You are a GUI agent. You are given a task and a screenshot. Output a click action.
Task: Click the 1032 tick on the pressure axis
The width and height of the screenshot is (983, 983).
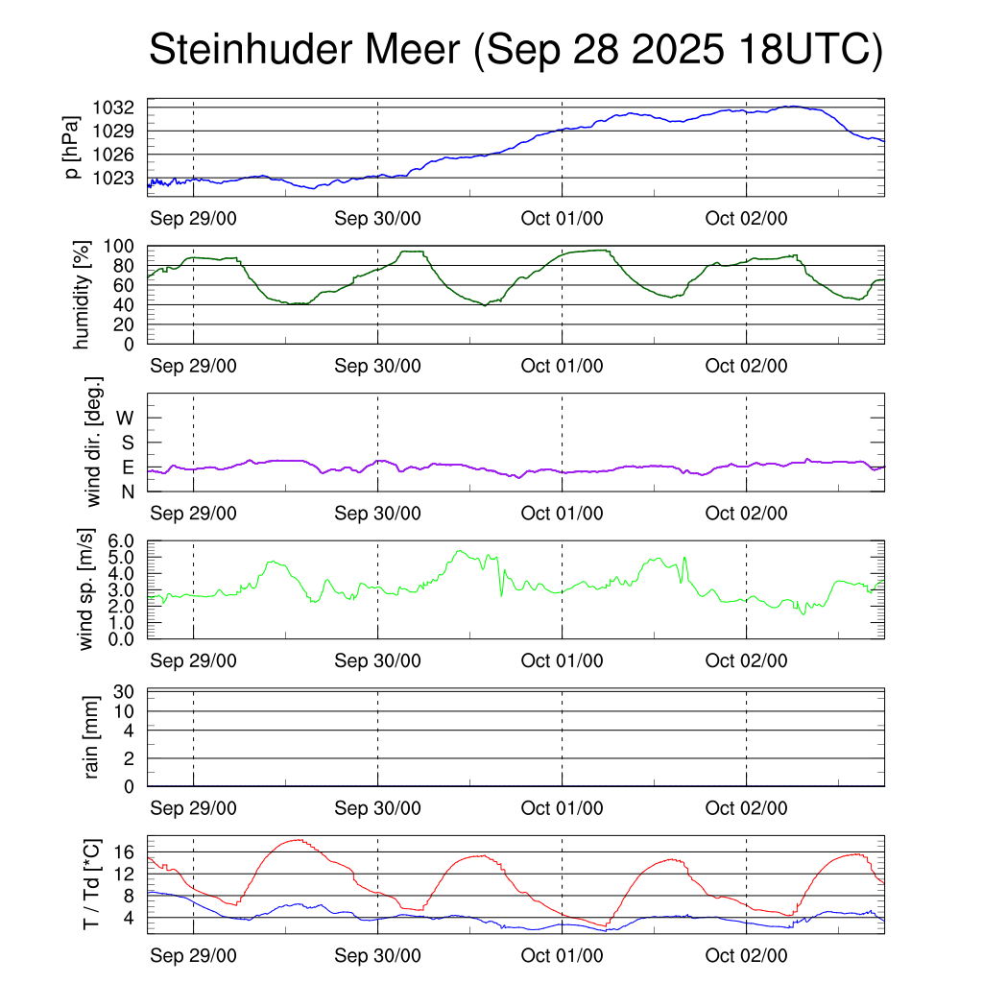pyautogui.click(x=119, y=107)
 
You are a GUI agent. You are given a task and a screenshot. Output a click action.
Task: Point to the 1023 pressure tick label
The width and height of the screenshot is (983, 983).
pyautogui.click(x=119, y=178)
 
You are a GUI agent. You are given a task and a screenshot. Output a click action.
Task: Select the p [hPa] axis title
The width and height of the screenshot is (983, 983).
pyautogui.click(x=72, y=147)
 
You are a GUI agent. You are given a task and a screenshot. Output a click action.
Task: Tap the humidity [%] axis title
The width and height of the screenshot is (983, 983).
pyautogui.click(x=83, y=295)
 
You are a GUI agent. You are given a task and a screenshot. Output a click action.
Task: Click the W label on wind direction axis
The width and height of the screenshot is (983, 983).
pyautogui.click(x=125, y=418)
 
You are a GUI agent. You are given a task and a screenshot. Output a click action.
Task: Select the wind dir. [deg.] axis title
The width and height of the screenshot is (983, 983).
pyautogui.click(x=93, y=442)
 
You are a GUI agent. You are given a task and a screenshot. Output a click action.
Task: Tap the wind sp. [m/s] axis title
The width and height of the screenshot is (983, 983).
pyautogui.click(x=86, y=590)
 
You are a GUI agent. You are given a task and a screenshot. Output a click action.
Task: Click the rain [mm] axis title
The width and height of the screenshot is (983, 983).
pyautogui.click(x=92, y=737)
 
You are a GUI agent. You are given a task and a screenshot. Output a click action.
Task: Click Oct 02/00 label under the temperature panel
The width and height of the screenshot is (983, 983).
pyautogui.click(x=746, y=956)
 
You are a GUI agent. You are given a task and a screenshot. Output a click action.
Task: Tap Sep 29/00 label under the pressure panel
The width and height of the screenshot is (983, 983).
pyautogui.click(x=193, y=218)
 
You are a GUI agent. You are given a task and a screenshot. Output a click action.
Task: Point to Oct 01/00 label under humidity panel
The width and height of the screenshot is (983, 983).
pyautogui.click(x=562, y=366)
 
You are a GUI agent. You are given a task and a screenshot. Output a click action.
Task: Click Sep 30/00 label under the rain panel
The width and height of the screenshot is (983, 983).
pyautogui.click(x=377, y=808)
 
